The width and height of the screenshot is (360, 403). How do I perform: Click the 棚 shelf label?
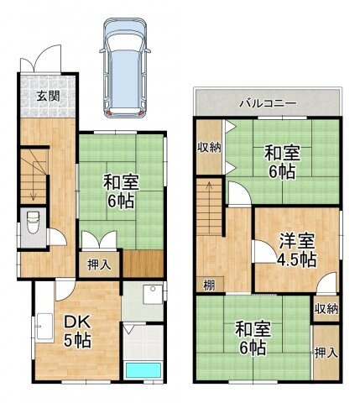tap(209, 285)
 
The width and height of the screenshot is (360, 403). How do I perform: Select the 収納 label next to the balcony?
tap(209, 149)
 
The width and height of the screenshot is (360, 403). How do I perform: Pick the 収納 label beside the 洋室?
tap(326, 309)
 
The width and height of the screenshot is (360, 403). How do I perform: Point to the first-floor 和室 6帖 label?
tap(122, 191)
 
